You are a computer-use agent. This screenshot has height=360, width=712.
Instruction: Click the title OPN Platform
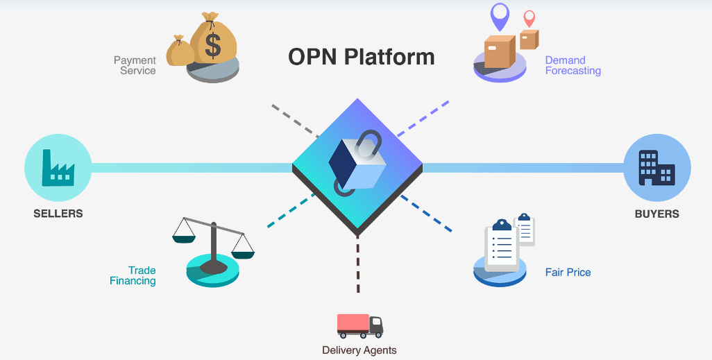tap(361, 56)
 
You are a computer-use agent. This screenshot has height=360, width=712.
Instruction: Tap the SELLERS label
tap(58, 214)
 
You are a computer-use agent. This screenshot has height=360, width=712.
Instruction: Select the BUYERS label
tap(656, 214)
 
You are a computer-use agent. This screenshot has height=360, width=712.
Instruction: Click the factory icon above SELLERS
tap(58, 167)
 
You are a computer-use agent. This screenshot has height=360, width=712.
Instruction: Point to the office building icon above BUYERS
tap(656, 167)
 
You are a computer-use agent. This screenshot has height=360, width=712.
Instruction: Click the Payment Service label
tap(135, 65)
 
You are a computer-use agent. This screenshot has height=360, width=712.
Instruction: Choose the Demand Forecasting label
tap(573, 65)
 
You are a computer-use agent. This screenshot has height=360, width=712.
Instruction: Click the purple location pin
tap(500, 15)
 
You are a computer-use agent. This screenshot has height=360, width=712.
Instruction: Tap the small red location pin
tap(529, 19)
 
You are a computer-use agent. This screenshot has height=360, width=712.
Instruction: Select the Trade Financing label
tap(133, 275)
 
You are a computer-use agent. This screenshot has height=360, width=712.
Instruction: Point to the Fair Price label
tap(568, 272)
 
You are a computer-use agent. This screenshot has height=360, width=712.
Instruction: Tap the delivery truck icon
tap(359, 325)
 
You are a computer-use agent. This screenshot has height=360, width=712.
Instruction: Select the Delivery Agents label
tap(359, 350)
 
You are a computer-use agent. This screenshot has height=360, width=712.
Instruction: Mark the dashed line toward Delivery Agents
tap(358, 264)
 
